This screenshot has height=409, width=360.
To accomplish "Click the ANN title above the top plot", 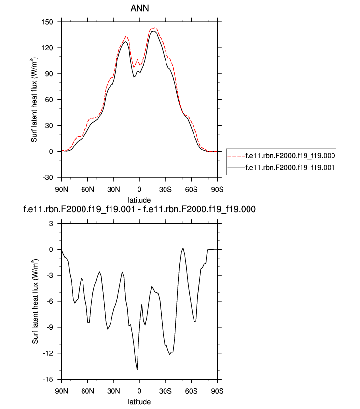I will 139,9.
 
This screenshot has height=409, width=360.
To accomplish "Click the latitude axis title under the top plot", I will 139,200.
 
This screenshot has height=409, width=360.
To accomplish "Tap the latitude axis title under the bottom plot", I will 139,402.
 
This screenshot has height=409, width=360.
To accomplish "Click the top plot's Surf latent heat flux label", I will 34,100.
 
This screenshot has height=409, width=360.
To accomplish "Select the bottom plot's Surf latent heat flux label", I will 34,301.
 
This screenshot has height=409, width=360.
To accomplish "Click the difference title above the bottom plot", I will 139,209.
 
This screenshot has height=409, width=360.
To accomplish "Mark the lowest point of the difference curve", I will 137,370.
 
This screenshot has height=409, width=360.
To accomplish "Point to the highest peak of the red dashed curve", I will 153,28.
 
